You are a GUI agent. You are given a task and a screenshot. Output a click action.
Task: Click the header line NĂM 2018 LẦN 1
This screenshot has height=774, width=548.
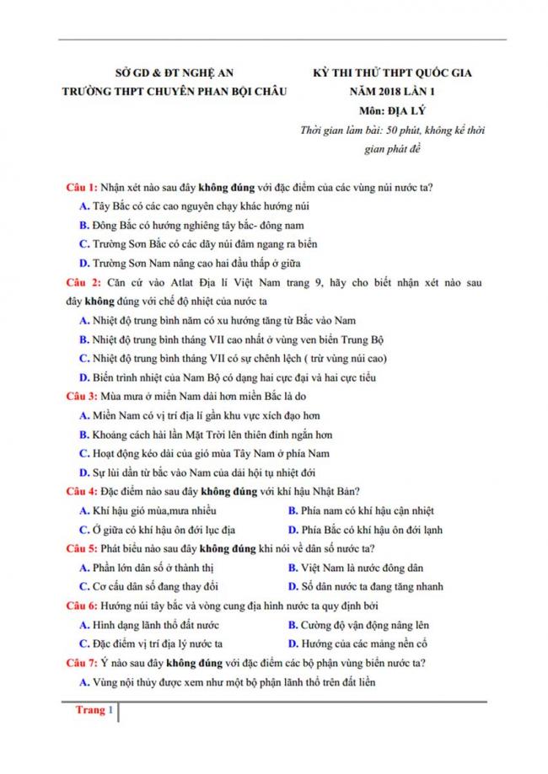[387, 92]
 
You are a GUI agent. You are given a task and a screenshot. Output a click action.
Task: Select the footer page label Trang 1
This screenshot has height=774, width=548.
[90, 710]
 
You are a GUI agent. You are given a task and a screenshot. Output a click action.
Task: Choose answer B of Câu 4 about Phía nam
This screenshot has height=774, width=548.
[362, 510]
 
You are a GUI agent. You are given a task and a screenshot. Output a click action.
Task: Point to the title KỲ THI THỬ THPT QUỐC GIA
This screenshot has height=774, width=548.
[387, 73]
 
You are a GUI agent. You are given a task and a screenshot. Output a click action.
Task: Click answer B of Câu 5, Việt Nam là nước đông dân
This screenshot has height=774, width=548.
[361, 568]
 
